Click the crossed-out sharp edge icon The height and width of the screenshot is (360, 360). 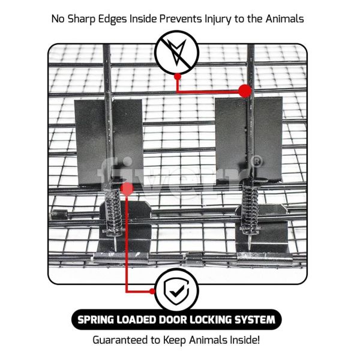click(x=176, y=53)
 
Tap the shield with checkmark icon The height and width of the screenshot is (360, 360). click(x=176, y=290)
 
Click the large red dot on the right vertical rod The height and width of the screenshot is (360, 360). click(x=245, y=91)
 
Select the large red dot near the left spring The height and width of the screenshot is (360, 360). click(x=127, y=188)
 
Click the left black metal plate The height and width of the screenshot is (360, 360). click(x=109, y=142)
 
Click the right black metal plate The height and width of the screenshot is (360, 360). click(x=249, y=139)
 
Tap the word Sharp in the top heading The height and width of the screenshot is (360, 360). click(x=81, y=19)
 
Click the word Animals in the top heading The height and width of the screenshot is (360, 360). click(x=284, y=19)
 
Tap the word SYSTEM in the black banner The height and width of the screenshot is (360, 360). click(x=255, y=320)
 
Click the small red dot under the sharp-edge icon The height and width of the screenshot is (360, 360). click(x=177, y=77)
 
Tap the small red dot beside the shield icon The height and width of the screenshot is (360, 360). click(x=152, y=292)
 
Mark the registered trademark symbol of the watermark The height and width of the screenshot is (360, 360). click(x=257, y=161)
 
